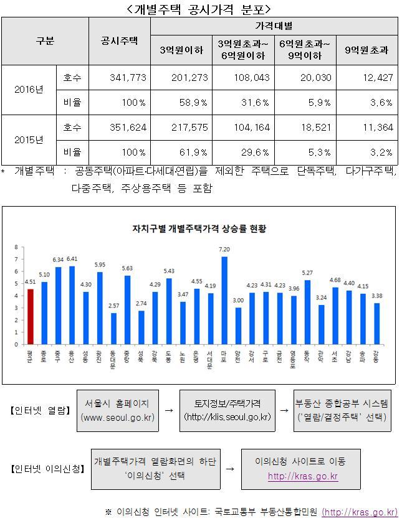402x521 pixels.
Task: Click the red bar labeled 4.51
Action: (31, 316)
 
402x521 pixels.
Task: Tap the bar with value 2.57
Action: (113, 328)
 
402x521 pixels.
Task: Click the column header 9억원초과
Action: (366, 50)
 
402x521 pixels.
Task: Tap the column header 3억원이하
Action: (181, 50)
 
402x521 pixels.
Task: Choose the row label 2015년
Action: (29, 139)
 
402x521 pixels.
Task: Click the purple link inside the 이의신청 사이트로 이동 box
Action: (302, 477)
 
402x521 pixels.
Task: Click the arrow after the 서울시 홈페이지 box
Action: (168, 411)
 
